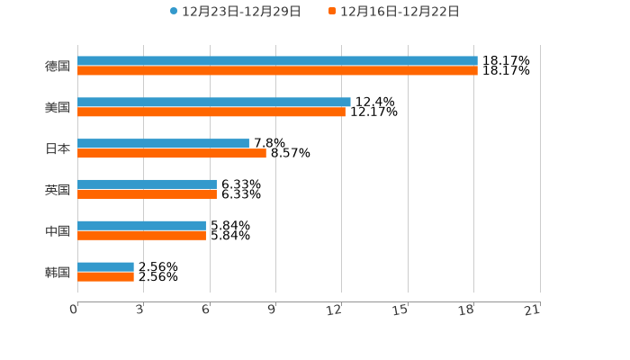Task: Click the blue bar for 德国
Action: point(277,61)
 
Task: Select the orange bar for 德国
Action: point(277,71)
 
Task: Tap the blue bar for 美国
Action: point(214,103)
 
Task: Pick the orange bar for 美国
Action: point(211,112)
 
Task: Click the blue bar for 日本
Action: point(163,144)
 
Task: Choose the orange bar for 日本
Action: point(172,154)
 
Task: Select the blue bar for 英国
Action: point(147,184)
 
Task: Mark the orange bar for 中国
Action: point(141,236)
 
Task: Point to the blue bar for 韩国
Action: point(105,267)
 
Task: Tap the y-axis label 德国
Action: point(58,66)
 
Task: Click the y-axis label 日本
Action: point(58,148)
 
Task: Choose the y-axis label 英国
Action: point(58,190)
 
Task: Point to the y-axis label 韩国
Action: point(58,272)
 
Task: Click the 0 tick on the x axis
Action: point(74,310)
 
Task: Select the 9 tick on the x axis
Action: point(272,310)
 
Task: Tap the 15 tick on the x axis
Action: point(401,310)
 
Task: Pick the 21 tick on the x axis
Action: point(533,310)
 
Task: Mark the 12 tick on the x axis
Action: point(335,310)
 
